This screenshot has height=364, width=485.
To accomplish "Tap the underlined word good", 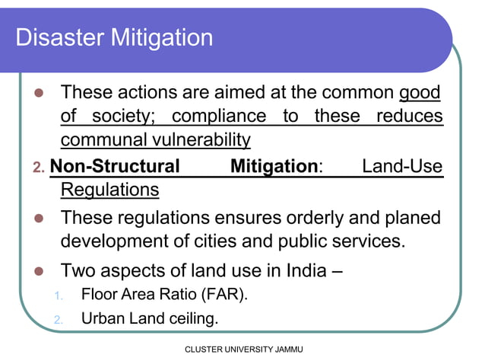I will pos(420,93).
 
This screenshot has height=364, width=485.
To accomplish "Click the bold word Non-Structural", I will pos(115,165).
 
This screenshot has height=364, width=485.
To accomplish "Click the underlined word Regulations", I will pos(109,189).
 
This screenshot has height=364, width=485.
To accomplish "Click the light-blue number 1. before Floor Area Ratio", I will pos(59,295).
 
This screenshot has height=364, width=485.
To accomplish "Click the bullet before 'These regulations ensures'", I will pos(40,219).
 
